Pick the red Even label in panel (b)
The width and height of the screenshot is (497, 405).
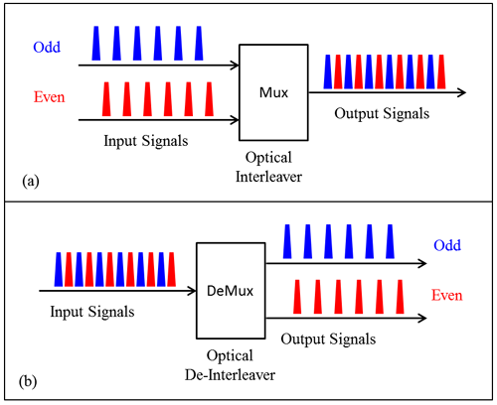(449, 295)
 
